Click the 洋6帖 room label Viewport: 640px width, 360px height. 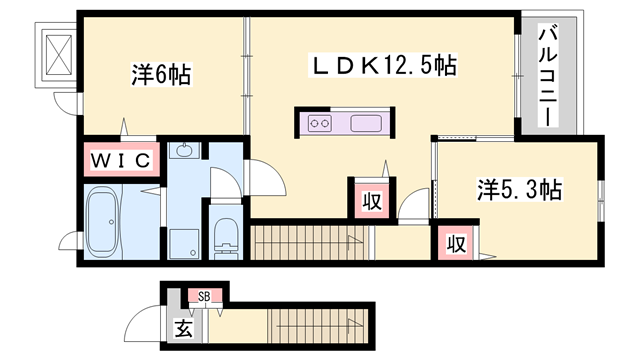point(161,74)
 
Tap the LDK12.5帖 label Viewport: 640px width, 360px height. point(386,67)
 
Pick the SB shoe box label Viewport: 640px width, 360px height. point(204,296)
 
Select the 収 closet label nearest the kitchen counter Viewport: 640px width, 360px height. point(371,200)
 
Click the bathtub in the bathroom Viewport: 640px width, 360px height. point(103,221)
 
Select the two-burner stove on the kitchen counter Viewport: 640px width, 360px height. point(320,124)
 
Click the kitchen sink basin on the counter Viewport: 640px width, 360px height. point(361,124)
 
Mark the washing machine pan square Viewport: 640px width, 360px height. point(186,242)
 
